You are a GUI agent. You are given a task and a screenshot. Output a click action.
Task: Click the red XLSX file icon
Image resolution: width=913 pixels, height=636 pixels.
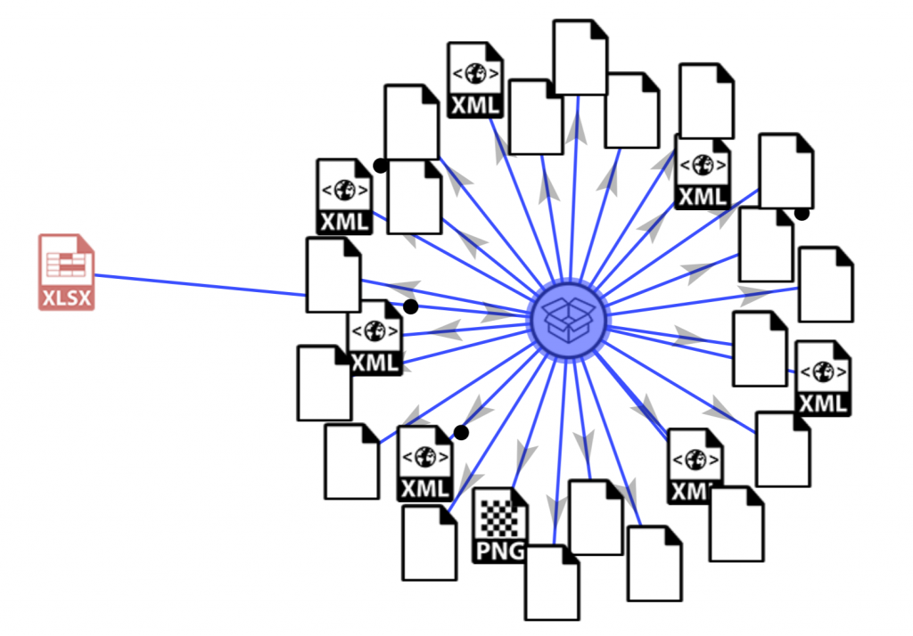66,273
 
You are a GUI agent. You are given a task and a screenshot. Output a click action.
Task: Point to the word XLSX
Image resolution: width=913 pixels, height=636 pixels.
67,298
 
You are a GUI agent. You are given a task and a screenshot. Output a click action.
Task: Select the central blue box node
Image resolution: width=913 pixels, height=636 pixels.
569,320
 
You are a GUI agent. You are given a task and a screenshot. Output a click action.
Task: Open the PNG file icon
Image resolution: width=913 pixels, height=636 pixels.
499,526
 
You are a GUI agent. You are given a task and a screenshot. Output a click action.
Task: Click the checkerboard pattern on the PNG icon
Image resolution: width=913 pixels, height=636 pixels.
498,518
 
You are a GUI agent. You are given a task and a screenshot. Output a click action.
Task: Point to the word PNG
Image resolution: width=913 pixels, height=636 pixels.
500,550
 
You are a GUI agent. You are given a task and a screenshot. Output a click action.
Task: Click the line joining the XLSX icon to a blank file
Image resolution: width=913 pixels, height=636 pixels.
201,285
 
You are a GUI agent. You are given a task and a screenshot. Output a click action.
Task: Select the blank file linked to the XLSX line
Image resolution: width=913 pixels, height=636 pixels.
333,274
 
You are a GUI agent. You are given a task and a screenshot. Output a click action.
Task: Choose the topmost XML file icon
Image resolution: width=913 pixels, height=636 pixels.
475,79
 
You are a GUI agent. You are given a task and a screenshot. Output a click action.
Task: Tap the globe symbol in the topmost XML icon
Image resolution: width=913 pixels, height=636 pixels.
476,73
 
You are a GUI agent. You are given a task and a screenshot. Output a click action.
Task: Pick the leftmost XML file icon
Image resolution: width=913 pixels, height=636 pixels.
345,197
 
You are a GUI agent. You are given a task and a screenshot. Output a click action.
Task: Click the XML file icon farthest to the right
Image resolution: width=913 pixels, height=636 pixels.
823,379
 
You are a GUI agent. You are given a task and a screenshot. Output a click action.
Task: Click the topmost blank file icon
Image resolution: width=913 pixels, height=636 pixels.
580,57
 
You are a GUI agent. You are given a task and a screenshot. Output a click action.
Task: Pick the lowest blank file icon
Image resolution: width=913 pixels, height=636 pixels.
552,583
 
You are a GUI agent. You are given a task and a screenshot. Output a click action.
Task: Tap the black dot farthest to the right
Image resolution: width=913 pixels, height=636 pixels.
802,213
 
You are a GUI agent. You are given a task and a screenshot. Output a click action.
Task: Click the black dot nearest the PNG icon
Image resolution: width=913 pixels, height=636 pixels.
461,432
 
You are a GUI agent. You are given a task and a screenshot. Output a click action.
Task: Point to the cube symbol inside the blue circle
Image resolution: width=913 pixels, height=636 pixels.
569,320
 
